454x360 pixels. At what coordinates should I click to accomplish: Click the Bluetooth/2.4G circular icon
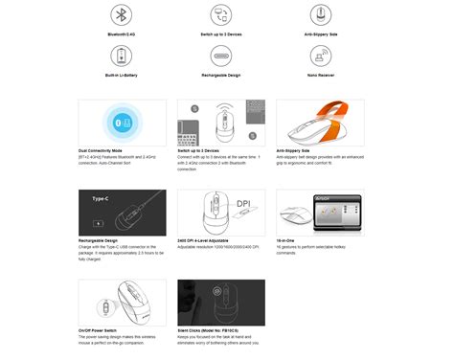[x=121, y=16]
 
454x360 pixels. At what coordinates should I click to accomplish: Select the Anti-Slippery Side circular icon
[x=319, y=16]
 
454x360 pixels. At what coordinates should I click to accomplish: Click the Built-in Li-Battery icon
[x=121, y=56]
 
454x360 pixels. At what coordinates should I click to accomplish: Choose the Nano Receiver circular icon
[x=319, y=56]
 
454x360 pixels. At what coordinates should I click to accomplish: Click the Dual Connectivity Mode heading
[x=103, y=150]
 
